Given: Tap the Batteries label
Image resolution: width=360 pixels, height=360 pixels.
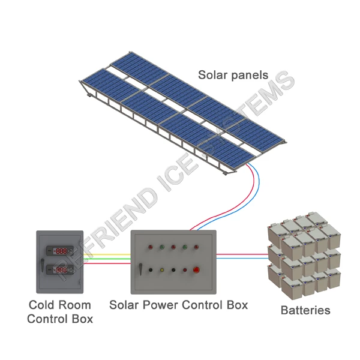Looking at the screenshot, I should (305, 310).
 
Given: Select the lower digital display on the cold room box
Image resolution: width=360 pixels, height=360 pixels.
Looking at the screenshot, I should (60, 270).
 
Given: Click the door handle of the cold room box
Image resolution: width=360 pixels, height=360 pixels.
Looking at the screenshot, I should (43, 265).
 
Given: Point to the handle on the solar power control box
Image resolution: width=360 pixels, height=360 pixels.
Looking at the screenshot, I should (140, 269).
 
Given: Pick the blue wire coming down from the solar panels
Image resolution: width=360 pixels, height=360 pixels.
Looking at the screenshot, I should (259, 186).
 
